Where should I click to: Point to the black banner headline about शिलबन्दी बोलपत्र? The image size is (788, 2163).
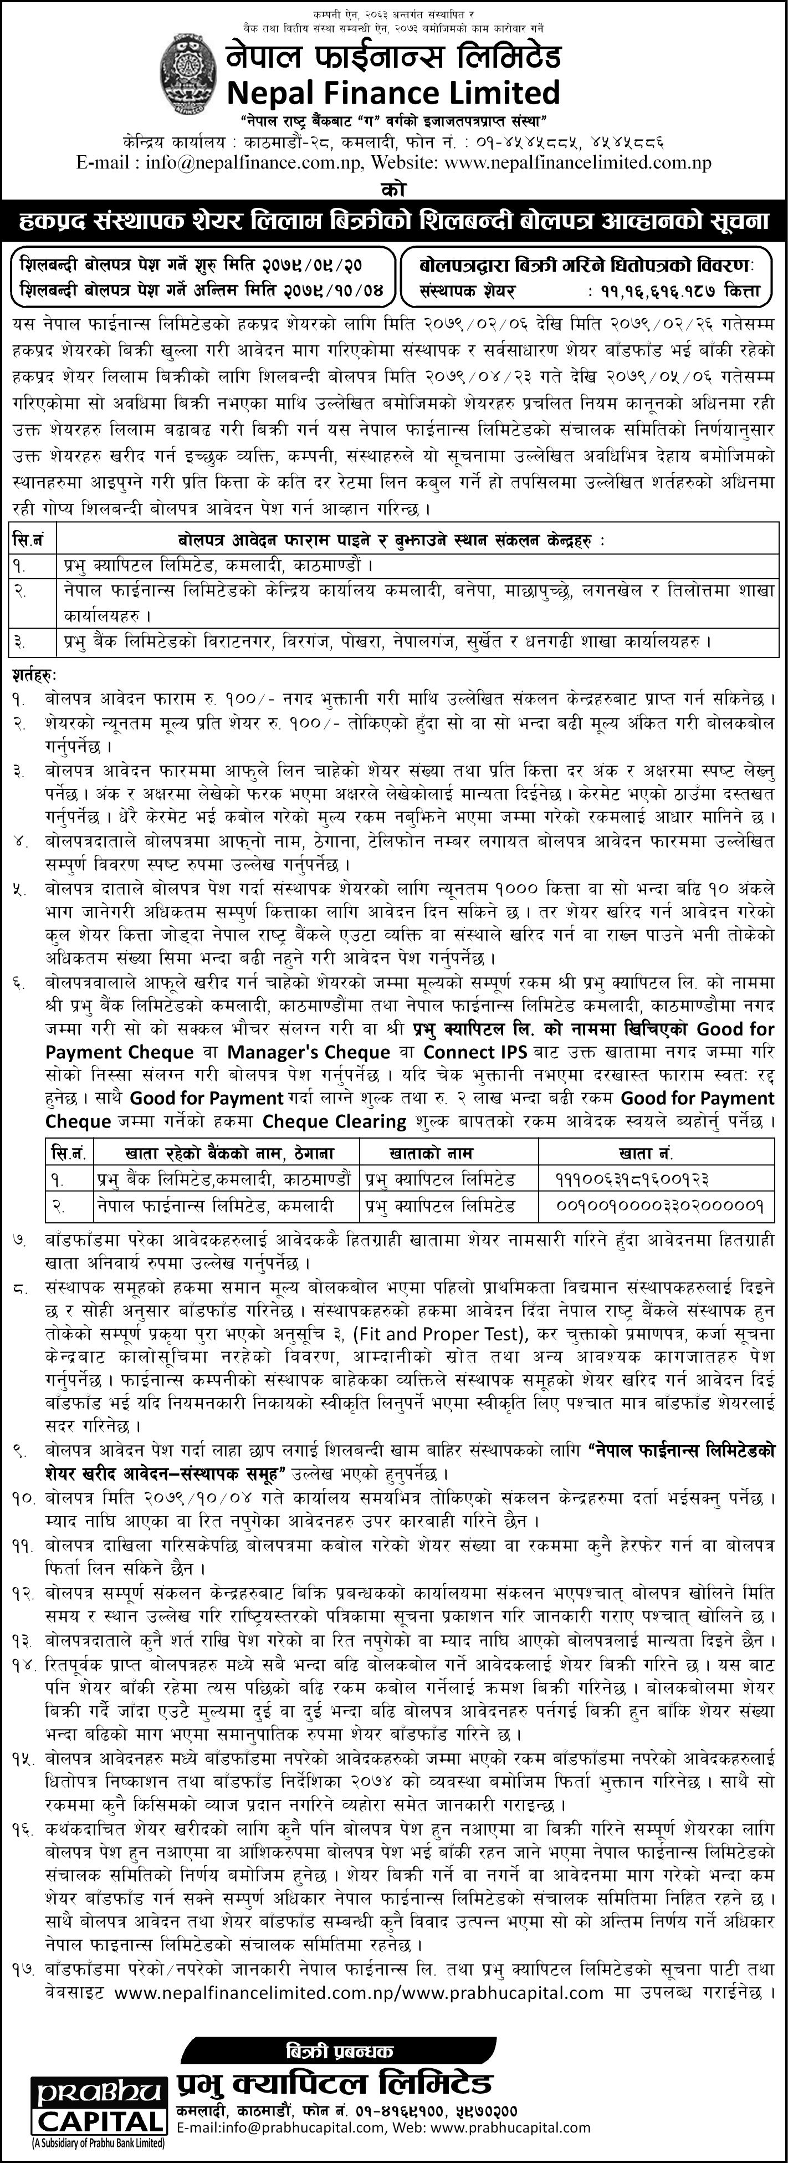pyautogui.click(x=393, y=222)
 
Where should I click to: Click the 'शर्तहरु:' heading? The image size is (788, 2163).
pyautogui.click(x=36, y=674)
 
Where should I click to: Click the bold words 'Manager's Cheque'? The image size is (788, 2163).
pyautogui.click(x=310, y=1052)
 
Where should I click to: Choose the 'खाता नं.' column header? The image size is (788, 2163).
pyautogui.click(x=656, y=1154)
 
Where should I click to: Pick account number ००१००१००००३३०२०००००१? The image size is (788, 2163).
pyautogui.click(x=659, y=1207)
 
